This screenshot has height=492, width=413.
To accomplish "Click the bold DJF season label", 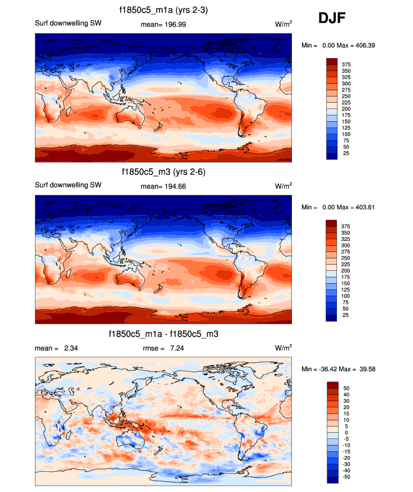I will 331,18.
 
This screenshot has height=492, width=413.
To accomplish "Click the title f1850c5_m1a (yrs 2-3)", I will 163,10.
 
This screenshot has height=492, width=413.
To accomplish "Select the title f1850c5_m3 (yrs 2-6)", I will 163,172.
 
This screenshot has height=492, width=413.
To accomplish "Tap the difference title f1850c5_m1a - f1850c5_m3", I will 163,334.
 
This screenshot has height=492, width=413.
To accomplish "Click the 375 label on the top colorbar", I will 346,64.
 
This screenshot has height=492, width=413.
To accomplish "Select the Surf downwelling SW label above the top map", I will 69,24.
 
